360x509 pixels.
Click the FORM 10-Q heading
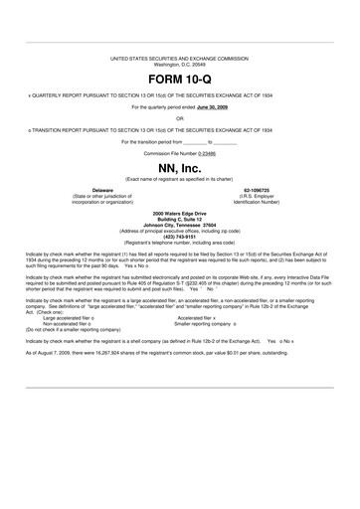tap(179, 77)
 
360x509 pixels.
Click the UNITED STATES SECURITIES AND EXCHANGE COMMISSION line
tap(179, 60)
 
